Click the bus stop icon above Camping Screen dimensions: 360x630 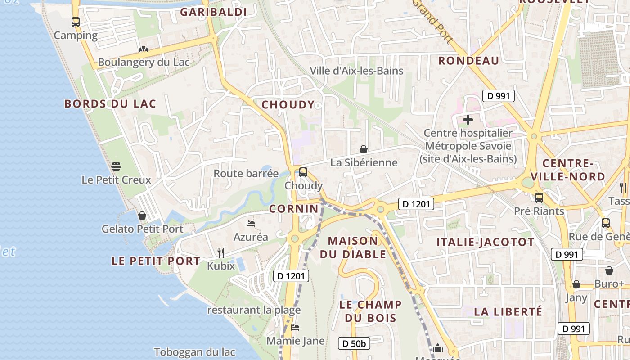click(76, 22)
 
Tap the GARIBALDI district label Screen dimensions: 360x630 click(214, 12)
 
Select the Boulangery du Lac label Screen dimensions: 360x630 click(144, 63)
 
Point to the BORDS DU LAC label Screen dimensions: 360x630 click(110, 104)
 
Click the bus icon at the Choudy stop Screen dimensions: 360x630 click(303, 172)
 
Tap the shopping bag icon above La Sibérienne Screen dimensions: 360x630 click(364, 149)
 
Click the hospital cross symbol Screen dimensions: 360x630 click(468, 120)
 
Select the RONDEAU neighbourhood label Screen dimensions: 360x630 click(469, 61)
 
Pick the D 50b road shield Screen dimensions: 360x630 click(354, 344)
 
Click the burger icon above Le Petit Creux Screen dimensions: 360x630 click(116, 166)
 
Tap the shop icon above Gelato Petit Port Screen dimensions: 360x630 click(142, 216)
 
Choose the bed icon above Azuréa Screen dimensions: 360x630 click(251, 224)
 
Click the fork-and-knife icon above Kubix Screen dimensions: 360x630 click(221, 252)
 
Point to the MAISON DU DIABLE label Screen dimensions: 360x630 click(353, 247)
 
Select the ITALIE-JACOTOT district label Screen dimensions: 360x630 click(486, 242)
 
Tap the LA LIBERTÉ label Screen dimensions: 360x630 click(508, 311)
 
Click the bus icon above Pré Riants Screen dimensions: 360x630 click(539, 198)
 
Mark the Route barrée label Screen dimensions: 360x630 click(246, 174)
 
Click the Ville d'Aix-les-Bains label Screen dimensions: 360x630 click(356, 71)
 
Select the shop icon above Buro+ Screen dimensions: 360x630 click(609, 270)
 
